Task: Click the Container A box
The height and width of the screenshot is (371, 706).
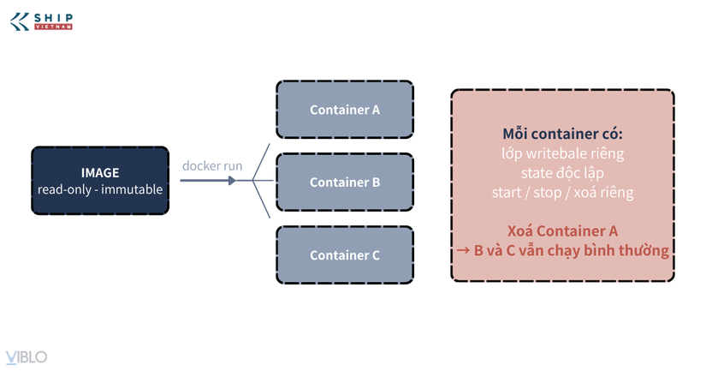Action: pos(345,110)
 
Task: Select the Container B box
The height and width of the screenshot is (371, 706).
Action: pos(345,183)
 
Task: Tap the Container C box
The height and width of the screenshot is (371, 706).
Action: pos(345,255)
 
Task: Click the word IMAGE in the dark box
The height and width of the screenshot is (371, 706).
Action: pos(100,173)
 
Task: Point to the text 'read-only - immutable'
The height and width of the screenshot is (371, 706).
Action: pos(100,189)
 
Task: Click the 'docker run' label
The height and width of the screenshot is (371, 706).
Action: pos(212,166)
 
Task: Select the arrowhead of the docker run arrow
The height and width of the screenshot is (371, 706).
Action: pos(231,181)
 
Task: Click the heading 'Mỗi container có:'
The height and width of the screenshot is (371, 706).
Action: pos(562,134)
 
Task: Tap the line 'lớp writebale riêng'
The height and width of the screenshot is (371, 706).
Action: pos(562,153)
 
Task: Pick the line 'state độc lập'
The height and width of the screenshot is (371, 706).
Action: pos(562,173)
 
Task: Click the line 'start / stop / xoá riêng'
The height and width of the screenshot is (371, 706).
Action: pos(562,193)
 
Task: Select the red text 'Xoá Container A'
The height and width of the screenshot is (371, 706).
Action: pos(562,230)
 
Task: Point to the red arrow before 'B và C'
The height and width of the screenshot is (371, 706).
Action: pos(463,250)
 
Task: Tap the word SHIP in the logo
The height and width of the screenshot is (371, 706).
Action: pos(54,18)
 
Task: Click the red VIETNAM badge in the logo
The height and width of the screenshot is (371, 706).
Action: pos(54,27)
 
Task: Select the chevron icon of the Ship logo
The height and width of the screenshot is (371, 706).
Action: pos(20,21)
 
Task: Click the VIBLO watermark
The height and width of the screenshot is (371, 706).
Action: pos(27,357)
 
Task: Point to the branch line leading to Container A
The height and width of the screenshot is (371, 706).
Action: pos(261,162)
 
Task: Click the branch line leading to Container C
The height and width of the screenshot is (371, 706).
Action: pos(261,200)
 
